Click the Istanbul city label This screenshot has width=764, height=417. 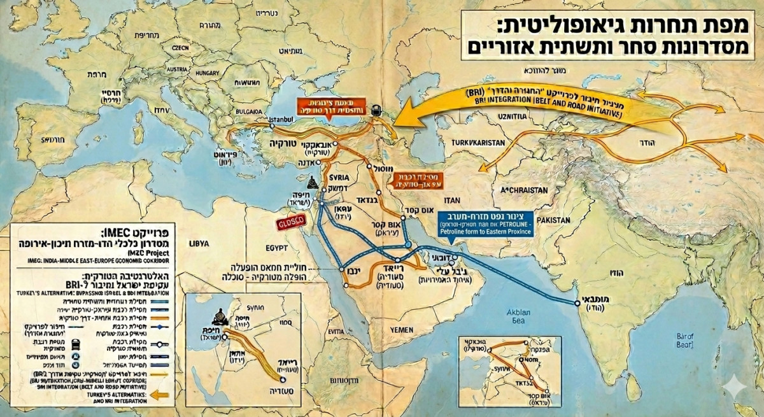tap(281, 119)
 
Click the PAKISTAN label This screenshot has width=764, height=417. tap(546, 220)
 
